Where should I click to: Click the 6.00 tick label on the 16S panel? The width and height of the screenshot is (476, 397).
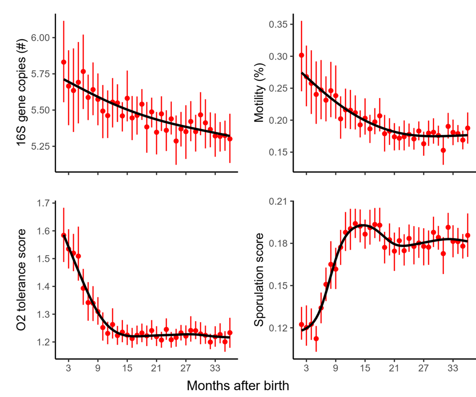40,38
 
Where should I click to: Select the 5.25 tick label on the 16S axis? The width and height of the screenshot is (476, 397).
40,146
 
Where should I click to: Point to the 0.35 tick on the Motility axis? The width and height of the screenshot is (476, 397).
278,25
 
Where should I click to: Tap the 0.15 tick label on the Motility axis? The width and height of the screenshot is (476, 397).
278,152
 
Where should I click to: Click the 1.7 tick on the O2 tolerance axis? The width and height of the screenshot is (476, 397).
44,203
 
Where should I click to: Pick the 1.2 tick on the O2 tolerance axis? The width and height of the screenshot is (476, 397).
44,342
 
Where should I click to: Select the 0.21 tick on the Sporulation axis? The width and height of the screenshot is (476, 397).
278,202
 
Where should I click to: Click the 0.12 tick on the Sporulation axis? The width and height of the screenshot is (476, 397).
278,328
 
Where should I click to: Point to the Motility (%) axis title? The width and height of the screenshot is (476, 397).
259,93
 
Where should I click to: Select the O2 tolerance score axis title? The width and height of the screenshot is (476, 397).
22,279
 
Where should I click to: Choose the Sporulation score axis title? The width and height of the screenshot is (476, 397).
259,279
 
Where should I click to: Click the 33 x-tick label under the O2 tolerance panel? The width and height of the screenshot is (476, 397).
215,368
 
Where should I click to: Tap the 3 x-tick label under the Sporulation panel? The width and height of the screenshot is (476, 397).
306,368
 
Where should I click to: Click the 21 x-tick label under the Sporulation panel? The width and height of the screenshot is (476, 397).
394,368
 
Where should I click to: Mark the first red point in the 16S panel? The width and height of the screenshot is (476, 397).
64,62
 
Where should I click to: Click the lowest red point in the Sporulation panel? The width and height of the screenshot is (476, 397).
316,339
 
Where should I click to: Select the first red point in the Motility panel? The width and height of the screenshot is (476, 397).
302,55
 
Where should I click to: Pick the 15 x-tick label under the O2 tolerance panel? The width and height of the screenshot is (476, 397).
127,368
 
